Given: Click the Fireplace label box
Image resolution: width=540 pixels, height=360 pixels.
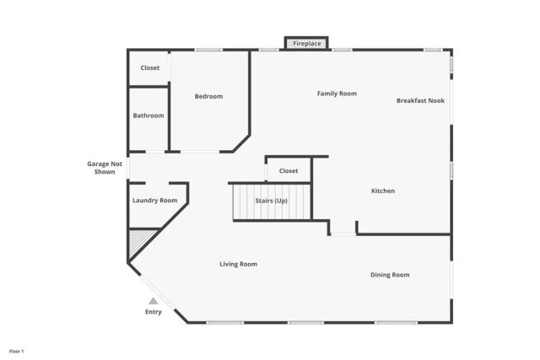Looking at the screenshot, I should pos(306,42).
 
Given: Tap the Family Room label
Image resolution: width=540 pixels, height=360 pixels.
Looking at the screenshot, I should pos(337,94).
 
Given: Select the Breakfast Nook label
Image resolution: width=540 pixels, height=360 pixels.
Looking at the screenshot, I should pos(420,100).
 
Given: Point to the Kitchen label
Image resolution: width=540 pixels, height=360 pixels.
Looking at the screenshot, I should pos(383,191).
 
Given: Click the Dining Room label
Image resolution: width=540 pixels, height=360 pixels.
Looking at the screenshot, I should pos(390,275).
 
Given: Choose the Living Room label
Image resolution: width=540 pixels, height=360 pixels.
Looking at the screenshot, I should pos(238,264).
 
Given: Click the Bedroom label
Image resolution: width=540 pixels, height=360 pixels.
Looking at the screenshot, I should pos(208,96).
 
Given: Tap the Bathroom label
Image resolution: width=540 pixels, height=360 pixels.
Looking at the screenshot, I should pos(148,116).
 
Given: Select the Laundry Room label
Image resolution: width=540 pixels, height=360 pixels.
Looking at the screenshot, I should pos(154,200).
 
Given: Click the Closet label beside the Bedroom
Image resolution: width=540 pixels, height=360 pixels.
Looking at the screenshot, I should pos(149,67).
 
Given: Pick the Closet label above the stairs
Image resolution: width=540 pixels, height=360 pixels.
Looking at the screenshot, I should pos(289,170).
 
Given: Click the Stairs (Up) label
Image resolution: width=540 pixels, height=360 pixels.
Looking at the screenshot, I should pos(272,200).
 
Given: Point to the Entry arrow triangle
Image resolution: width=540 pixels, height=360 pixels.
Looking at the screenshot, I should pos(153,300).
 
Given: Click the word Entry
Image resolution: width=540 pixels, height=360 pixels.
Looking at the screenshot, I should pos(153,312).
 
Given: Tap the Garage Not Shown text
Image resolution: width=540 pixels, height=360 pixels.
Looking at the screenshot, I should pos(105,167).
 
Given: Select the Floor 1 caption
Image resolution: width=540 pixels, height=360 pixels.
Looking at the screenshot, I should pos(17,350).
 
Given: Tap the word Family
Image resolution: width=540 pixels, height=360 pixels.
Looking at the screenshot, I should pos(327,94).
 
